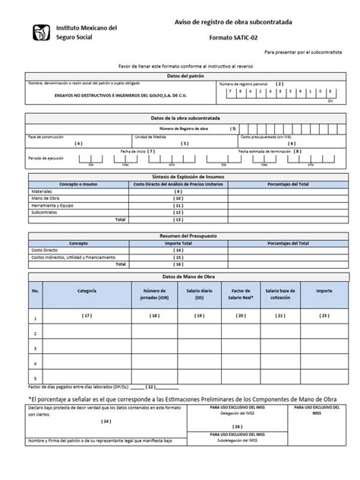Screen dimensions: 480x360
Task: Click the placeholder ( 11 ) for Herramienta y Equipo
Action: pos(178,205)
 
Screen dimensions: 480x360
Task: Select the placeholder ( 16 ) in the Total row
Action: pos(178,264)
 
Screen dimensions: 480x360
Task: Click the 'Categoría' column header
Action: pos(87,291)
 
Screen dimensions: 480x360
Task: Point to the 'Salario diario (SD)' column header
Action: pos(198,294)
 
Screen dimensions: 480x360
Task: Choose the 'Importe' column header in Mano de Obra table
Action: pos(324,291)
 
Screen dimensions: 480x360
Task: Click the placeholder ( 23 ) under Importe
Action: pos(324,314)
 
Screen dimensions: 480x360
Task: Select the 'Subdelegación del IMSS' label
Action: pos(238,438)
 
